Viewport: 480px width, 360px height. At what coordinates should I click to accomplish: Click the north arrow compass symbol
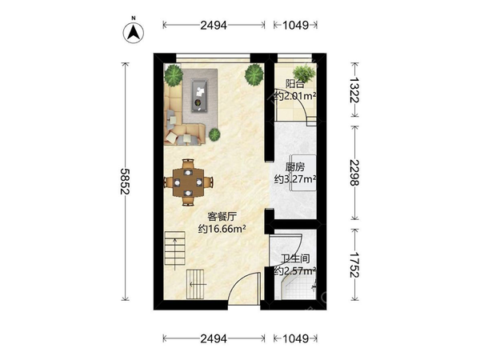pos(134,32)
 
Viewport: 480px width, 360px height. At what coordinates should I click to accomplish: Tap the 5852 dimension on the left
pos(125,182)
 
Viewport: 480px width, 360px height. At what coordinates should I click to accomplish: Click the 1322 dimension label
pos(354,90)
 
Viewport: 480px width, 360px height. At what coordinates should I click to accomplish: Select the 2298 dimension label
pos(354,173)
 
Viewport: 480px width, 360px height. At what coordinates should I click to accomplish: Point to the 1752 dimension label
pos(354,265)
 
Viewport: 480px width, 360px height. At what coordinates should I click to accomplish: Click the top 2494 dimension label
pos(214,25)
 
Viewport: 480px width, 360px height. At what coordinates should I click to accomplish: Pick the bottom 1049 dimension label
pos(295,338)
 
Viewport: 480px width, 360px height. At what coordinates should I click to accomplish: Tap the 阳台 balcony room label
pos(295,83)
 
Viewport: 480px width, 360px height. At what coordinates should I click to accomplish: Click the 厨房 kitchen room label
pos(295,167)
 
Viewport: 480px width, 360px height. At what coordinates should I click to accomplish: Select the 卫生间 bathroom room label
pos(295,259)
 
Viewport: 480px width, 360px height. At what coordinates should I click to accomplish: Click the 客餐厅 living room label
pos(222,217)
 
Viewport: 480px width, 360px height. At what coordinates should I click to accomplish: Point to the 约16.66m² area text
pos(222,229)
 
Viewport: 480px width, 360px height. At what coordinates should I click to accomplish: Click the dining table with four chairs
pos(188,182)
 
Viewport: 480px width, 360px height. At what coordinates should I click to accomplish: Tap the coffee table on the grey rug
pos(200,95)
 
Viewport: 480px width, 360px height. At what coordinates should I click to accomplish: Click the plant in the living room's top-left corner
pos(174,75)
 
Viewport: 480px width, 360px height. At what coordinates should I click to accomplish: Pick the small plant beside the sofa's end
pos(214,134)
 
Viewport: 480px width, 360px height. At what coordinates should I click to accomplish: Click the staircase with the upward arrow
pos(174,248)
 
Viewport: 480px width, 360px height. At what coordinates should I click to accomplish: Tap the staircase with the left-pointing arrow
pos(195,284)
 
